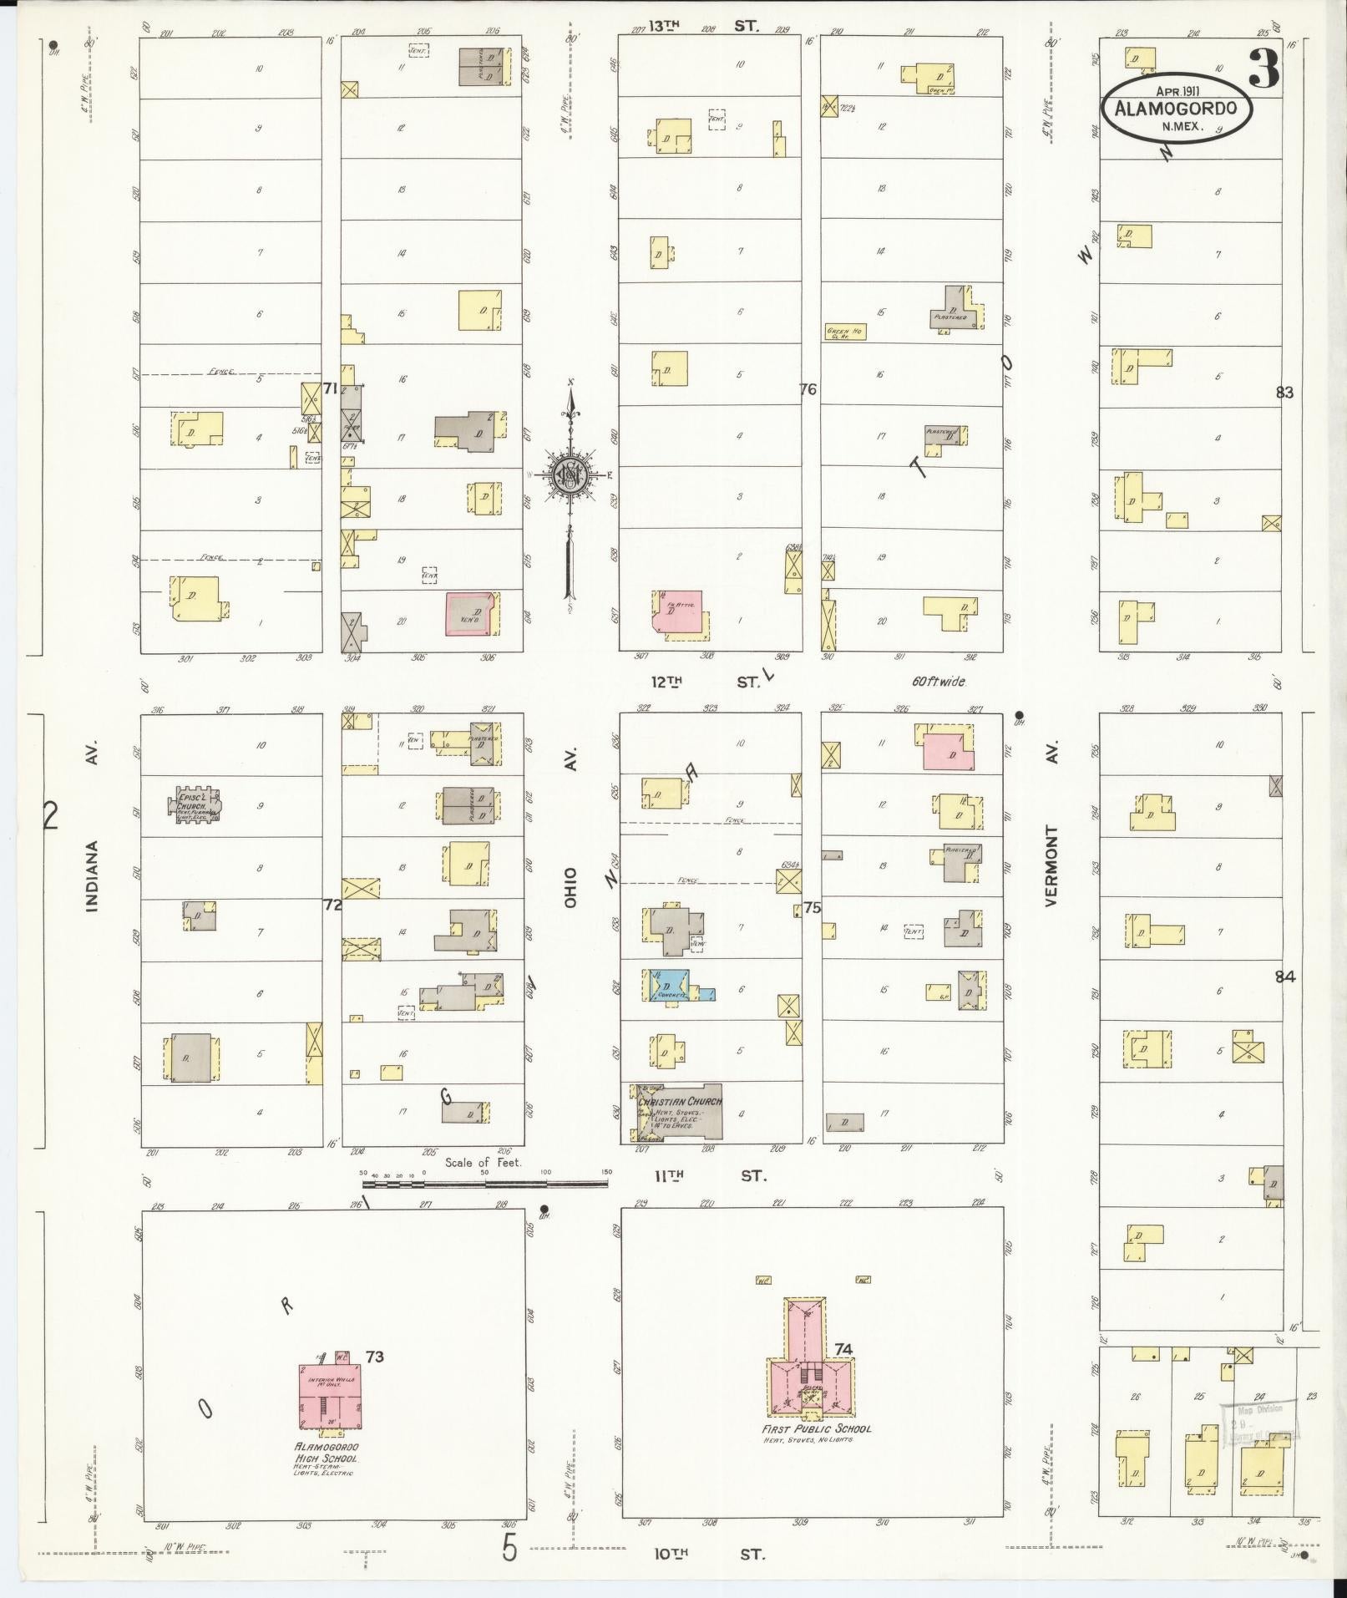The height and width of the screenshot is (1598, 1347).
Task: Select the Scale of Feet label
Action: click(x=484, y=1162)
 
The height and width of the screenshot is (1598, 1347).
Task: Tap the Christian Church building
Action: click(x=678, y=1112)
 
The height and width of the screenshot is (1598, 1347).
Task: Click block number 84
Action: click(x=1284, y=976)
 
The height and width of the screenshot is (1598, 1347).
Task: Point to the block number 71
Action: click(x=330, y=388)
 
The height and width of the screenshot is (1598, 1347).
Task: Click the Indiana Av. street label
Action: click(x=93, y=875)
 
